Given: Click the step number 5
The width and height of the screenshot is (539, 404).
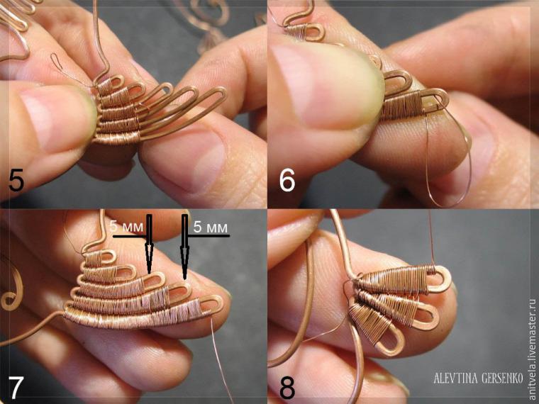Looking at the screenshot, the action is pyautogui.click(x=16, y=181).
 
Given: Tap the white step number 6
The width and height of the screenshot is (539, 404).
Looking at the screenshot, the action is pyautogui.click(x=287, y=181).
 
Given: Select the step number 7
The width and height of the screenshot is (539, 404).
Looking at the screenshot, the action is pyautogui.click(x=16, y=388).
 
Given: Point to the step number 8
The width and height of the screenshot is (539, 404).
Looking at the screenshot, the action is pyautogui.click(x=287, y=388).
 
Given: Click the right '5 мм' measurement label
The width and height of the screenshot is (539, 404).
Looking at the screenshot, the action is pyautogui.click(x=211, y=227).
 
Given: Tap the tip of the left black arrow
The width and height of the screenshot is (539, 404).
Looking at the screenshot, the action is pyautogui.click(x=149, y=274).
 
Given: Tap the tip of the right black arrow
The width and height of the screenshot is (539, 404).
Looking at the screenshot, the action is pyautogui.click(x=185, y=279).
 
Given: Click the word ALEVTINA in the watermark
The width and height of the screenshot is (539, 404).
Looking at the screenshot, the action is pyautogui.click(x=455, y=378).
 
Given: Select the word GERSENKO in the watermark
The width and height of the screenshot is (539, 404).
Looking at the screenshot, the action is pyautogui.click(x=502, y=378).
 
